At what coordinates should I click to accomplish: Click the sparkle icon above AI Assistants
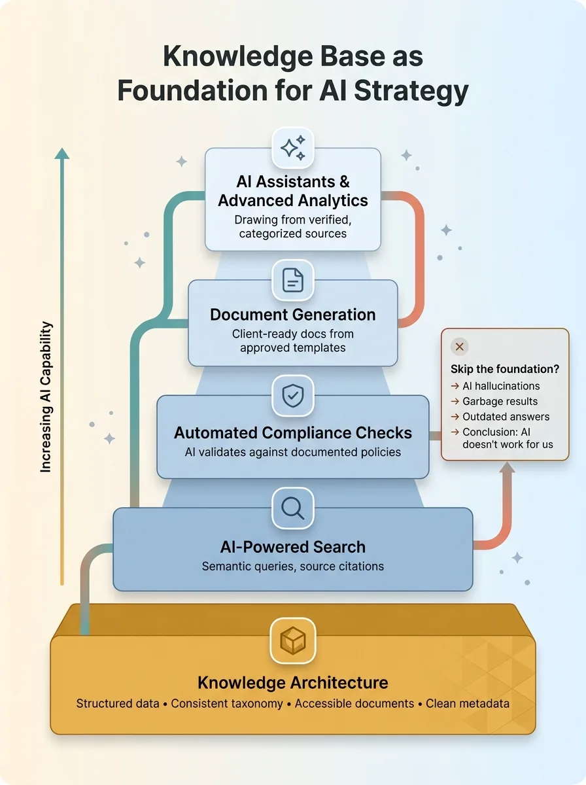point(293,148)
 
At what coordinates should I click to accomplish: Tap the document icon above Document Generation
point(293,280)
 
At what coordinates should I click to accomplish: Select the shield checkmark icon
point(293,395)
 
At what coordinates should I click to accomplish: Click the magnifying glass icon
point(293,508)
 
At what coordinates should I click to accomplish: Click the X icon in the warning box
point(460,347)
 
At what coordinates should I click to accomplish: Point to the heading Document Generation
point(293,315)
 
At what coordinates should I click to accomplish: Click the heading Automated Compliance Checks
point(293,433)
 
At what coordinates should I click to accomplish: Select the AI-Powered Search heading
point(293,547)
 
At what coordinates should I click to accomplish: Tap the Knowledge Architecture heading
point(293,683)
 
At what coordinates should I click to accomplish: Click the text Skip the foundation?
point(505,369)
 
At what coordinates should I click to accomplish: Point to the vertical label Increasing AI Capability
point(46,398)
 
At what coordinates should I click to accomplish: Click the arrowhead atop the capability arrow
point(62,153)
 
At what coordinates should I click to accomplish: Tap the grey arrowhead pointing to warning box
point(508,467)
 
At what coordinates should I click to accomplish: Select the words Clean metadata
point(468,704)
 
